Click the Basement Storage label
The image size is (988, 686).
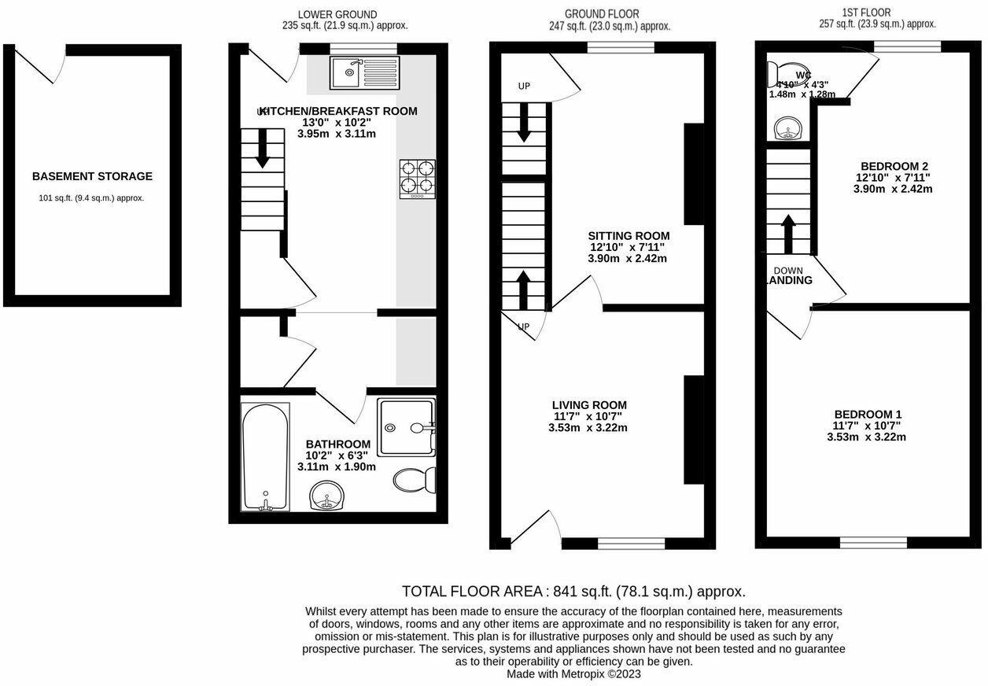coord(92,177)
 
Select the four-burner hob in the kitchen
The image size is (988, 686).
coord(417,177)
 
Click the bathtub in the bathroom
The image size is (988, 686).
coord(265,456)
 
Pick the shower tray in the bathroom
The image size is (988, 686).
coord(405,428)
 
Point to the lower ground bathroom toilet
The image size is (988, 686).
coord(414,479)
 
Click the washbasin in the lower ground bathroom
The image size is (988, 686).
coord(327,496)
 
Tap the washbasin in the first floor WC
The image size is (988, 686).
coord(786,128)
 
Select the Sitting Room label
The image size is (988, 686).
coord(629,236)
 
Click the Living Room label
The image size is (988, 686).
coord(589,405)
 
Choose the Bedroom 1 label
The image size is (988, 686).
coord(868,415)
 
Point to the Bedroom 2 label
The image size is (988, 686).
coord(894,166)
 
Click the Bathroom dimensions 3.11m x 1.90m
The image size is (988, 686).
coord(337,467)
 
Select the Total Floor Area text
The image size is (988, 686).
coord(573,591)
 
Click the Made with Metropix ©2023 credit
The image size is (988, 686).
coord(573,673)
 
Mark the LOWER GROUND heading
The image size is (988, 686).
coord(337,14)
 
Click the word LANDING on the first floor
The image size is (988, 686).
coord(789,280)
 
